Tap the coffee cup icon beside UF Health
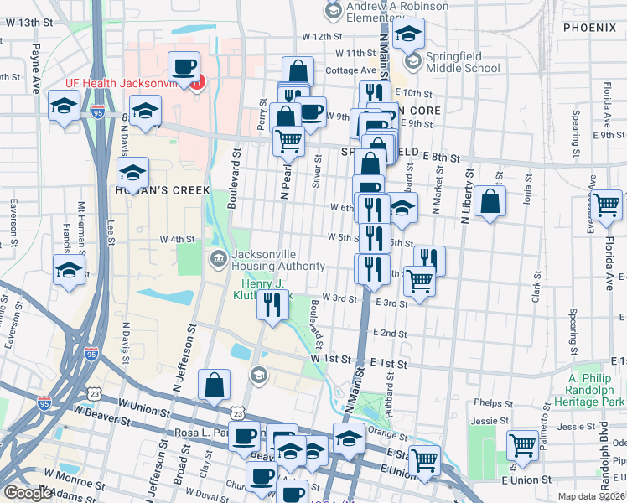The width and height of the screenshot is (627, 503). (x=184, y=65)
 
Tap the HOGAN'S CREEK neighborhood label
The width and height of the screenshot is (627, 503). (x=158, y=190)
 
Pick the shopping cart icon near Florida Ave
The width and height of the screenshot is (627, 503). (x=607, y=203)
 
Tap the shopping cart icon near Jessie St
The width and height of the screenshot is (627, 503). (x=522, y=443)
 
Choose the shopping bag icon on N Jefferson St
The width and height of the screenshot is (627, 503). (x=215, y=385)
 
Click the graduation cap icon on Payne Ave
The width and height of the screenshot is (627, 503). (x=64, y=107)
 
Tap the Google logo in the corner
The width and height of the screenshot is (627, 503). (x=28, y=493)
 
